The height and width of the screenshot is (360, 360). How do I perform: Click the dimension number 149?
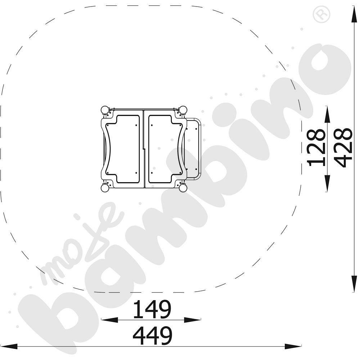[x=152, y=309]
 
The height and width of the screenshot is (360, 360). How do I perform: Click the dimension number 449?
[x=152, y=336]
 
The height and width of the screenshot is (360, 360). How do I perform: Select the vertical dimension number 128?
[x=316, y=148]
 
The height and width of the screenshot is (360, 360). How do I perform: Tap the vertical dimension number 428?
[x=343, y=148]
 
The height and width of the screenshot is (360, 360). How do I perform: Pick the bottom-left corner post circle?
[x=105, y=189]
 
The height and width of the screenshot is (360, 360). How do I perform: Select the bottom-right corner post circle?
[x=183, y=189]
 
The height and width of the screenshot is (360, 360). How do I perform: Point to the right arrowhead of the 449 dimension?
[x=293, y=346]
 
